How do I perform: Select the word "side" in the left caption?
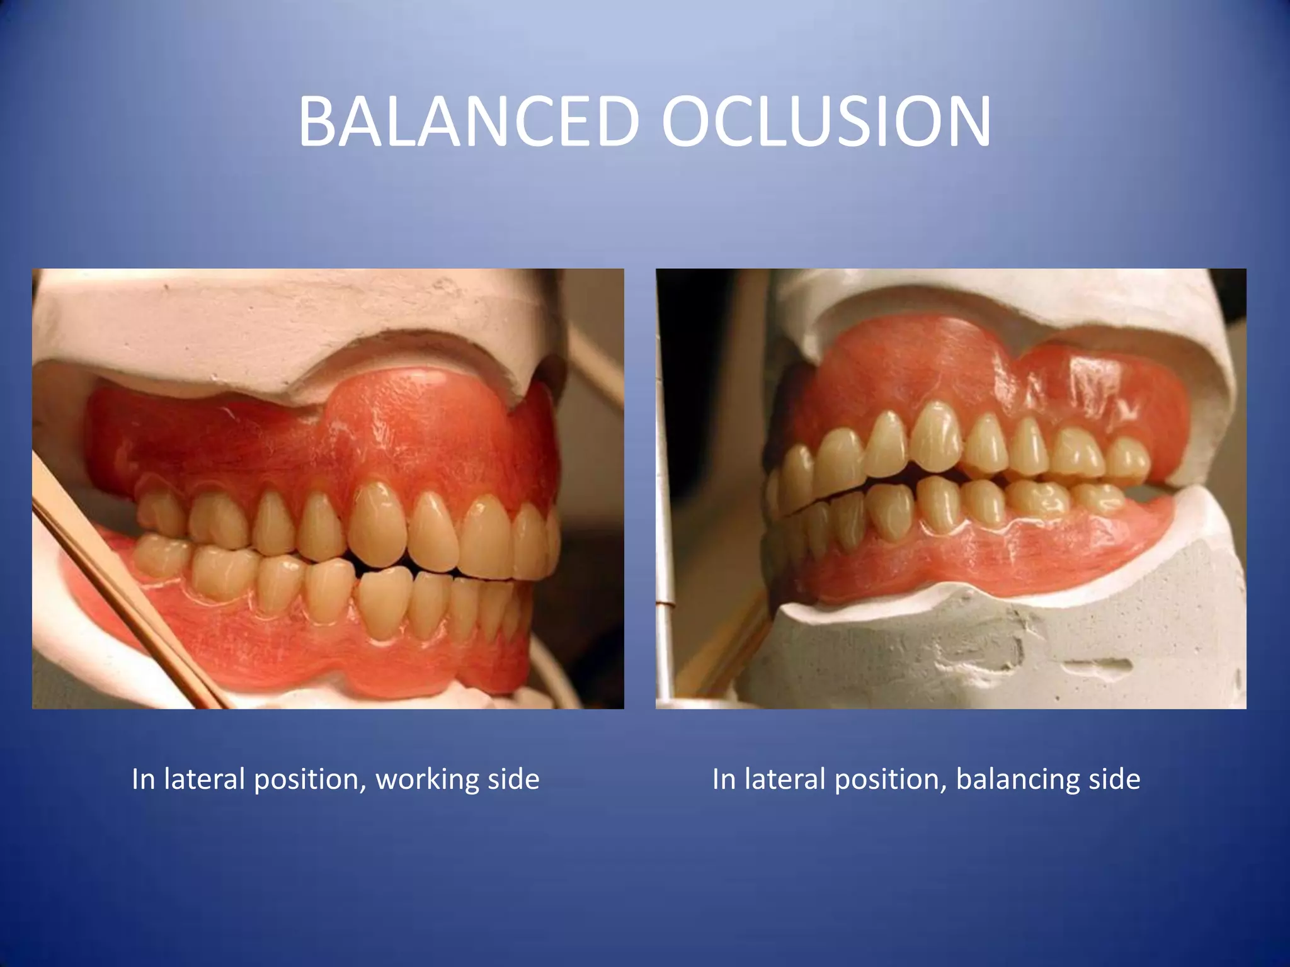click(513, 779)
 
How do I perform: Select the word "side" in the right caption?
click(1114, 779)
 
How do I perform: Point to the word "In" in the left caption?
click(144, 779)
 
